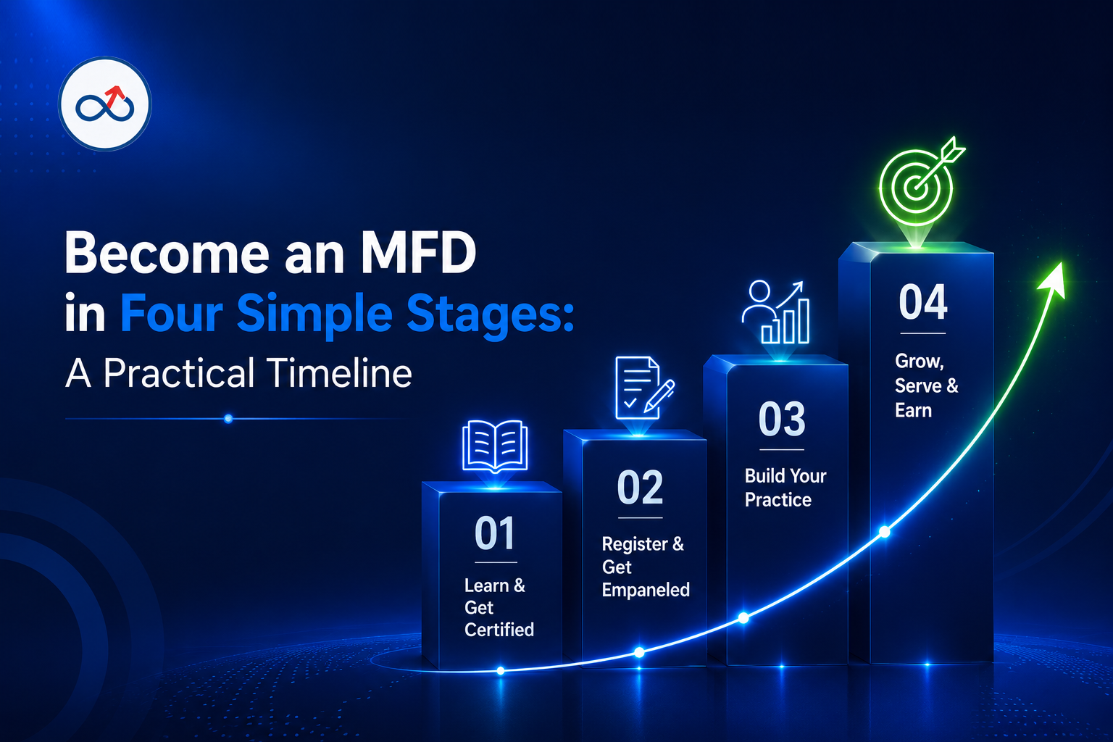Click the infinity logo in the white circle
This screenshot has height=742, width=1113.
(105, 104)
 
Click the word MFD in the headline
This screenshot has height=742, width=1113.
(419, 253)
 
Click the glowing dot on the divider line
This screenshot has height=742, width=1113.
(228, 419)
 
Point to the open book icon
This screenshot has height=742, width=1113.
(495, 446)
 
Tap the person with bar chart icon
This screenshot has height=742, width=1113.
(775, 312)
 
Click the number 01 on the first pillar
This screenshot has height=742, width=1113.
(494, 533)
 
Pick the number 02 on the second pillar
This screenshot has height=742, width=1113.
(640, 488)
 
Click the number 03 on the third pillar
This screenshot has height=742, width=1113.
(782, 419)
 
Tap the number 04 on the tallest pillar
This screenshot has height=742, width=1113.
(922, 301)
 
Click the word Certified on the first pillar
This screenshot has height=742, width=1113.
(499, 630)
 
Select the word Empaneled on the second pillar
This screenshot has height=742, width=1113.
(646, 590)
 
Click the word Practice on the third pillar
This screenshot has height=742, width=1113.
(778, 499)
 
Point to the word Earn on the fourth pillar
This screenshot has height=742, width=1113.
(913, 411)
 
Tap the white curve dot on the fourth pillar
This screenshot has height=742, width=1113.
(885, 533)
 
